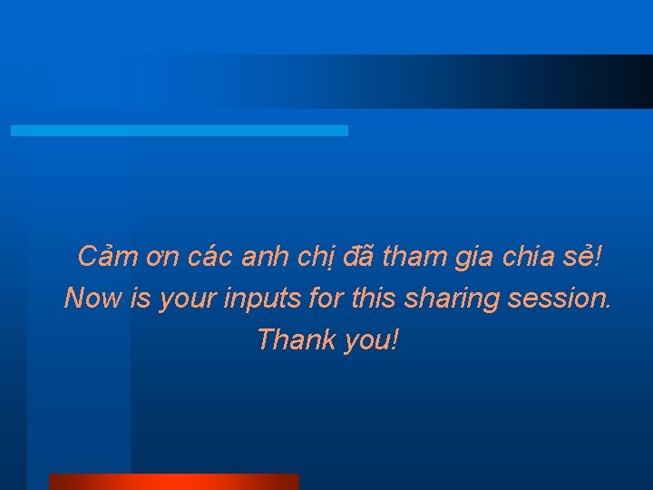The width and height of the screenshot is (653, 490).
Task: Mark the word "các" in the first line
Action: click(x=211, y=258)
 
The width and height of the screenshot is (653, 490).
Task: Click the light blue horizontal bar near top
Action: click(x=179, y=131)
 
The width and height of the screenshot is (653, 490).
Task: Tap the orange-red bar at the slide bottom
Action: click(x=173, y=482)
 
